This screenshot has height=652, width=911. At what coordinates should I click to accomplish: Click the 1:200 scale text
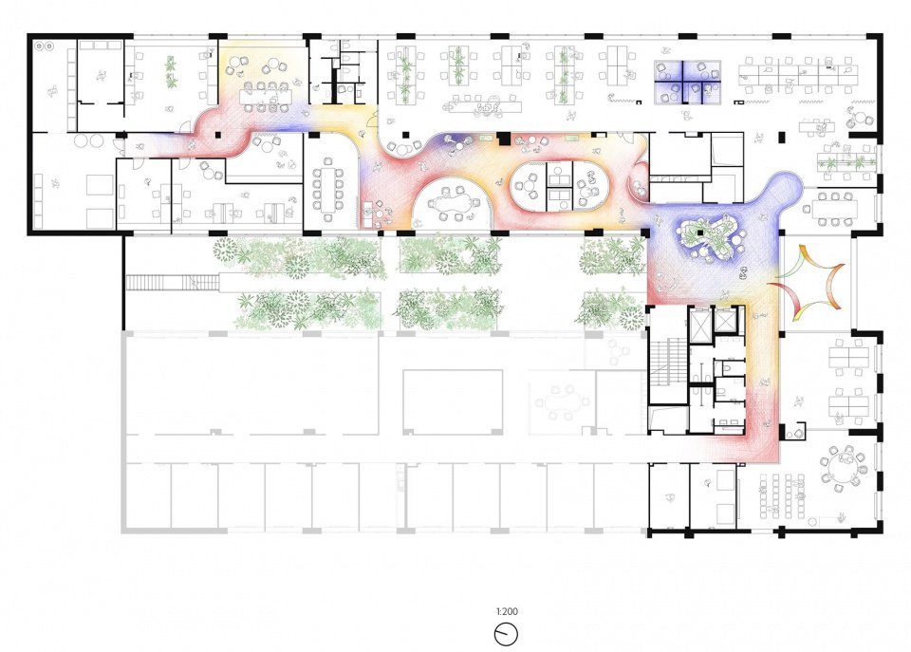pyautogui.click(x=507, y=611)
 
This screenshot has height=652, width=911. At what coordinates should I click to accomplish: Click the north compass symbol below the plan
pyautogui.click(x=506, y=633)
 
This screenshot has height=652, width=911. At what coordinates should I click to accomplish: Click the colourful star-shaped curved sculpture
pyautogui.click(x=808, y=283)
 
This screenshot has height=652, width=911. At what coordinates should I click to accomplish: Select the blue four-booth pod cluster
pyautogui.click(x=687, y=82)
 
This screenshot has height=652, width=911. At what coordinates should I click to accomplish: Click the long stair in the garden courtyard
pyautogui.click(x=173, y=283)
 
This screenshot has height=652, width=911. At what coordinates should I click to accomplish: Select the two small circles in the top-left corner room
pyautogui.click(x=45, y=46)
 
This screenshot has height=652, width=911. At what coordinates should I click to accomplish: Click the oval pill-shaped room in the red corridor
pyautogui.click(x=561, y=184)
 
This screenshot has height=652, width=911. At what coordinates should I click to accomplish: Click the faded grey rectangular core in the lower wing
pyautogui.click(x=453, y=401)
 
